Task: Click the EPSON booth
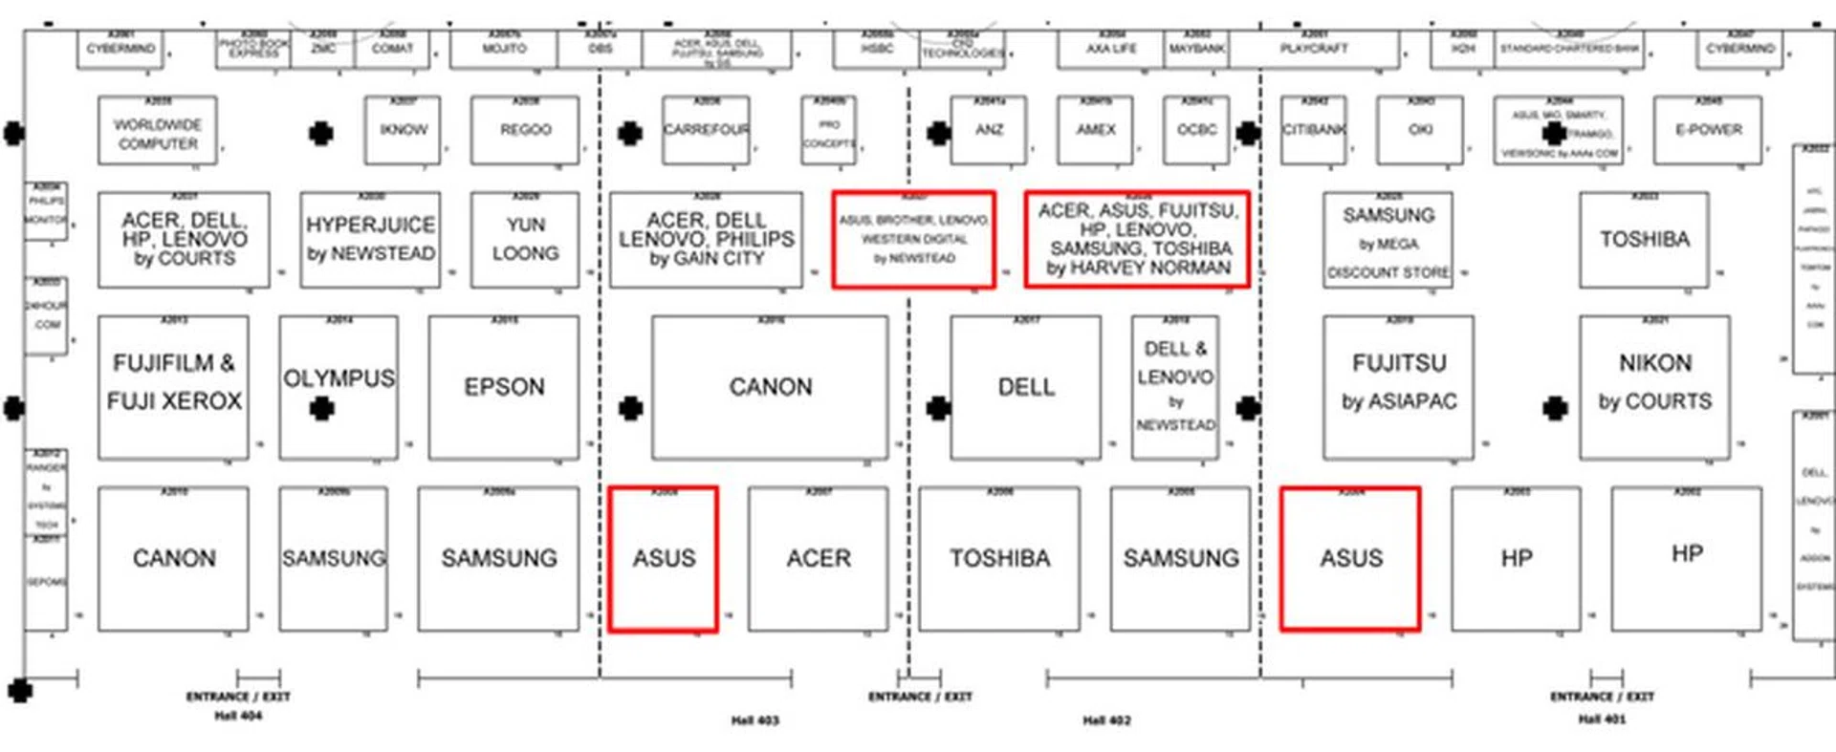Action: tap(504, 387)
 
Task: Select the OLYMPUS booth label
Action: tap(339, 378)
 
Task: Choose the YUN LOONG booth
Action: tap(525, 239)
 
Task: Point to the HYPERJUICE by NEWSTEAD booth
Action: tap(370, 239)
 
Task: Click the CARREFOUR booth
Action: tap(706, 130)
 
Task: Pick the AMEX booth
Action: tap(1095, 130)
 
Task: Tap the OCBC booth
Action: tap(1196, 130)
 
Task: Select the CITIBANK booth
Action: tap(1314, 130)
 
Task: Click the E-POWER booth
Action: tap(1708, 130)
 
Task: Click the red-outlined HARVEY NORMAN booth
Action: tap(1137, 239)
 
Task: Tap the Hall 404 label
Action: tap(237, 716)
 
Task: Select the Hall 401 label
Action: tap(1601, 720)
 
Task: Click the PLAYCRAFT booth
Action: tap(1313, 49)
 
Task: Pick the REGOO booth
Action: tap(525, 130)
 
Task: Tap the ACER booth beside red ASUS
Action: tap(818, 558)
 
